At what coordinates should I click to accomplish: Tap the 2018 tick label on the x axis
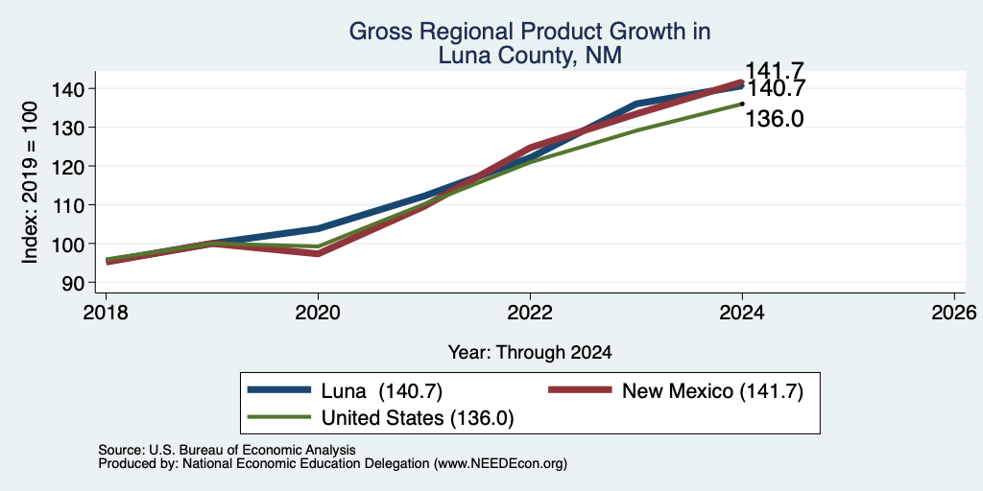point(106,313)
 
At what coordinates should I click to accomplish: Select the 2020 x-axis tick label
point(318,313)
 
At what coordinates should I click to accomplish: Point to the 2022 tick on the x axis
point(530,313)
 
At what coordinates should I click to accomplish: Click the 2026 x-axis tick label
point(954,313)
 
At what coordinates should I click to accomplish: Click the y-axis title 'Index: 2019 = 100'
point(30,182)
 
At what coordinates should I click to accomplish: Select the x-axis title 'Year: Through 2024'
point(530,353)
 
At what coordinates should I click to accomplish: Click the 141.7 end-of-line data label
point(775,71)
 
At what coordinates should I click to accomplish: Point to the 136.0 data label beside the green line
point(775,118)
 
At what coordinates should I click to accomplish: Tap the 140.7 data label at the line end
point(775,89)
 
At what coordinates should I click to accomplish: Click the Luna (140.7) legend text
point(382,391)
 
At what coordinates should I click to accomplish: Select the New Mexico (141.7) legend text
point(712,391)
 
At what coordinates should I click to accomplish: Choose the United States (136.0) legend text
point(418,418)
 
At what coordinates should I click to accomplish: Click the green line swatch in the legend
point(279,416)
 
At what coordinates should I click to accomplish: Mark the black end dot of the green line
point(742,104)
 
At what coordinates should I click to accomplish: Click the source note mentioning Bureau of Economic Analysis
point(227,450)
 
